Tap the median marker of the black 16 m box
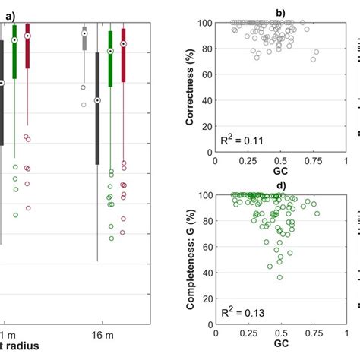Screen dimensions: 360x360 [97, 100]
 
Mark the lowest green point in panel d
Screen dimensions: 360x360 [280, 277]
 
